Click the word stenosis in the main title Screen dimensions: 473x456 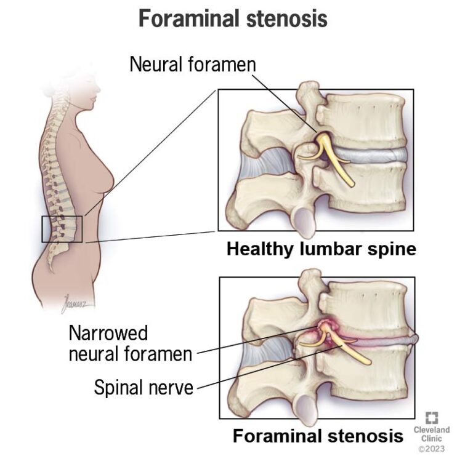(x=287, y=18)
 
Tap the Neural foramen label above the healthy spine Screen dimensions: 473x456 (x=193, y=64)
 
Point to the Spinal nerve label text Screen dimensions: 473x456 (x=144, y=387)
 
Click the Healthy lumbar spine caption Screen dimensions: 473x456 (x=321, y=249)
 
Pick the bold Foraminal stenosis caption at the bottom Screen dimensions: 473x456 (x=318, y=436)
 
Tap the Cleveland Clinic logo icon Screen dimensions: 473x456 (x=432, y=418)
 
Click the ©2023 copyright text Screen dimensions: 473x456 (x=432, y=449)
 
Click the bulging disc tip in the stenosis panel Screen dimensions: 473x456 (x=414, y=338)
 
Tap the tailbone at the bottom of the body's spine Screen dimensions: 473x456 (x=51, y=265)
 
